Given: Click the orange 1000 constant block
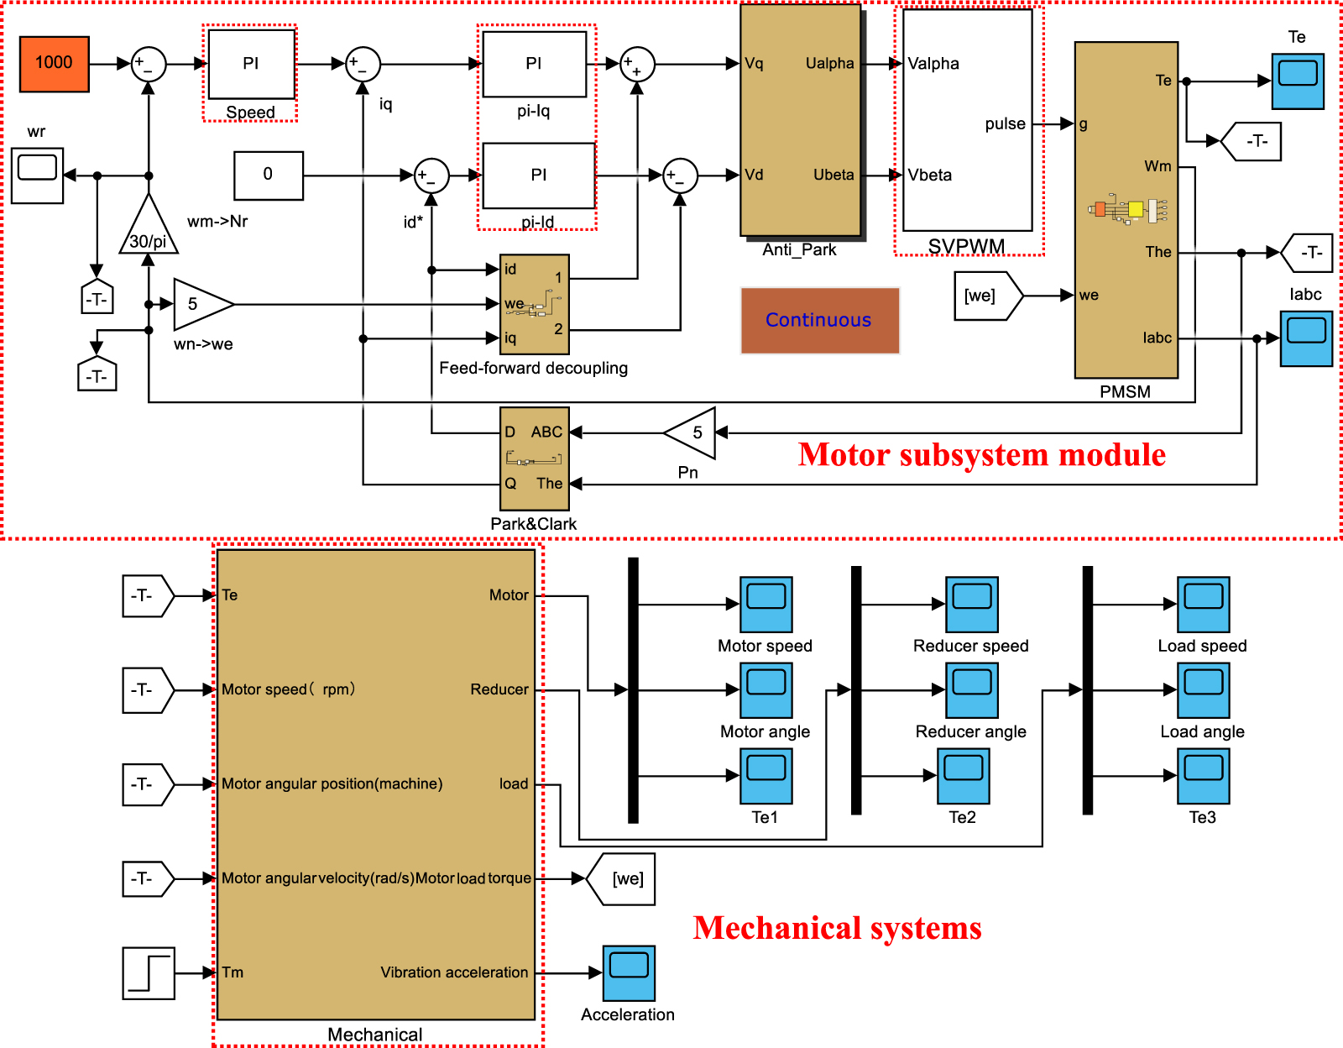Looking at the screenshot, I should tap(54, 64).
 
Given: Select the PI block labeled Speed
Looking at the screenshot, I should tap(251, 65).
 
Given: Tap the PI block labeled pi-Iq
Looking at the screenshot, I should tap(534, 65).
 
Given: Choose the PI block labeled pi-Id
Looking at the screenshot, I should tap(538, 176).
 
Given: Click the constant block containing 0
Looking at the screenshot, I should tap(268, 176).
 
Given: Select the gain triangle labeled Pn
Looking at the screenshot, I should tap(692, 433).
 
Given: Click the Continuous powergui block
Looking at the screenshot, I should tap(819, 321).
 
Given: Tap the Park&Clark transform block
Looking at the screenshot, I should tap(534, 458).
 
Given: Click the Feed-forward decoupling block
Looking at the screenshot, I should tap(534, 304).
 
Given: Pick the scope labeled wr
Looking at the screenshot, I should tap(38, 176).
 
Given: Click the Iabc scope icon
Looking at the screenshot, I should tap(1305, 338).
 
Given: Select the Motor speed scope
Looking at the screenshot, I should tap(766, 604).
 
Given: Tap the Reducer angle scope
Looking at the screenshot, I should tap(971, 690).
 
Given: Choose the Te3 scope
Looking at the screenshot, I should tap(1203, 776).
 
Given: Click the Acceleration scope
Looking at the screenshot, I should tap(628, 972).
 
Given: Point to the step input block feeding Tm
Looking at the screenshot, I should tap(149, 972).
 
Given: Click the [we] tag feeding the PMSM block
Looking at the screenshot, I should tap(986, 296).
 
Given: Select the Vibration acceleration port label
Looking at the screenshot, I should tap(454, 972).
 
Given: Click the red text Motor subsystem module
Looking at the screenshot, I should tap(981, 455).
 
